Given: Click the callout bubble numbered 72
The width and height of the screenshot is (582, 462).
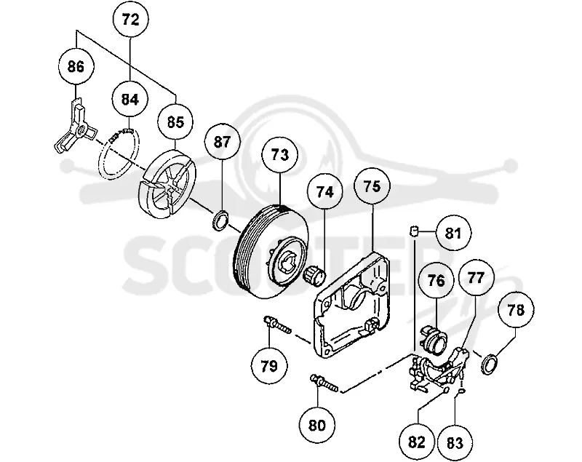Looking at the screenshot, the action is pos(130,20).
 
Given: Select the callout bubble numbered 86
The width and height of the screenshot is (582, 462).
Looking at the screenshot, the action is pos(76,66).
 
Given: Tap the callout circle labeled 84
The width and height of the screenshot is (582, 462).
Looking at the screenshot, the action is pos(130,100).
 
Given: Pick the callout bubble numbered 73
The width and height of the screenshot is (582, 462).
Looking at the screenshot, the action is pos(280,154).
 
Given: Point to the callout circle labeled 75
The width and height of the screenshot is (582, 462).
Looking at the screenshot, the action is pos(372,187).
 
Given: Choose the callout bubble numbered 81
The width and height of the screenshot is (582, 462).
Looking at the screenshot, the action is pos(453,234).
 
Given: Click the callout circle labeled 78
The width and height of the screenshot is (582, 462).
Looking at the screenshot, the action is pos(516,309).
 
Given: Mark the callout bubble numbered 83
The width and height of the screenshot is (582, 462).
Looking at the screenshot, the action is pos(455,443).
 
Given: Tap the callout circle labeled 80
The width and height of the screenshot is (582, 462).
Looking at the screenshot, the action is pos(317,425).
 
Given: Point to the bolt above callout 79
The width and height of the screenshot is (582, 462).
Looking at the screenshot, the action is pos(277,324).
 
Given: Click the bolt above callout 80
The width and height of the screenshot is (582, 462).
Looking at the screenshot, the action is pos(324,383).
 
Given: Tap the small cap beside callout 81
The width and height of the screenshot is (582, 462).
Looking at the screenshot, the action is pos(414,231).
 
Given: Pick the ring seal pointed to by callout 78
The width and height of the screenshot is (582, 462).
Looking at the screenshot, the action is pos(490,364).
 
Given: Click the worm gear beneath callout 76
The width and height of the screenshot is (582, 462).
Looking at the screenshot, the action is pos(433,338).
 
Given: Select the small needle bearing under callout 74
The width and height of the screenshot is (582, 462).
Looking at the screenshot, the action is pos(314,276).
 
